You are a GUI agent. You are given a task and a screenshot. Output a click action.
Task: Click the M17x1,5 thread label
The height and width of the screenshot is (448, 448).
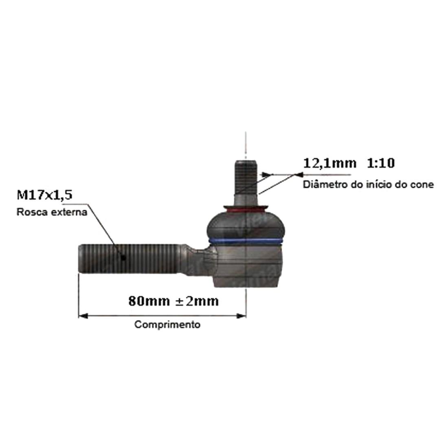pyautogui.click(x=44, y=195)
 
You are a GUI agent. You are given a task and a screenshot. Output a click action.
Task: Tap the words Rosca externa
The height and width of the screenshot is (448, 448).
pyautogui.click(x=52, y=212)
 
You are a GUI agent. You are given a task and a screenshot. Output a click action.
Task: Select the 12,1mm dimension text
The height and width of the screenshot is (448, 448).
pyautogui.click(x=330, y=163)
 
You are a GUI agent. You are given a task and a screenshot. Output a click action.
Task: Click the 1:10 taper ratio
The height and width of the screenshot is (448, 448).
pyautogui.click(x=380, y=163)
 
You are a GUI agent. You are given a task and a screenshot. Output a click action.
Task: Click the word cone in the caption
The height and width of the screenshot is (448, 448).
pyautogui.click(x=422, y=185)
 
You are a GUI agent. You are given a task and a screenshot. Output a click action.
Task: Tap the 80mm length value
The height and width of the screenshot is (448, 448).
pyautogui.click(x=149, y=301)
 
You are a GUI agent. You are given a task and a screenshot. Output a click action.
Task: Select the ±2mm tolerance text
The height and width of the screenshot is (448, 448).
pyautogui.click(x=197, y=301)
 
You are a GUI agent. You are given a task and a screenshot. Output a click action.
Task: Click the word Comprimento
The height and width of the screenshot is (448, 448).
pyautogui.click(x=167, y=325)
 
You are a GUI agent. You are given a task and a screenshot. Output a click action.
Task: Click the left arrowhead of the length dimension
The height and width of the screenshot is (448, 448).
pyautogui.click(x=83, y=316)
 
